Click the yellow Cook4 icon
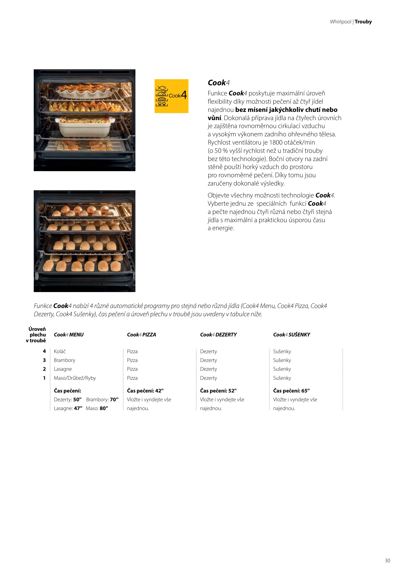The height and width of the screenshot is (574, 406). point(171,96)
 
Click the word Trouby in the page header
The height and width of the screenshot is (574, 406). point(363,22)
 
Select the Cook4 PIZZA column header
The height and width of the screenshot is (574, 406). point(141,335)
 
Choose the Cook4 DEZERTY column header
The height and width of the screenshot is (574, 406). point(218,335)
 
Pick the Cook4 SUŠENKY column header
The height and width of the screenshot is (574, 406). point(291,335)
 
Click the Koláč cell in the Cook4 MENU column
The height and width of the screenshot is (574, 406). point(60,351)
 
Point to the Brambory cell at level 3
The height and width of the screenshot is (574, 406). point(65,360)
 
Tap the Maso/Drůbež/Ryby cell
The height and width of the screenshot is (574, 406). point(75,378)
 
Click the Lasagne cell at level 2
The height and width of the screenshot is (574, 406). point(63,369)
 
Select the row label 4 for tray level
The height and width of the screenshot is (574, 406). point(44,351)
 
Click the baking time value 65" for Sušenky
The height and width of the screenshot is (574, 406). point(305,391)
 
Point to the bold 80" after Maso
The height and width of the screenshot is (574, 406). point(104,408)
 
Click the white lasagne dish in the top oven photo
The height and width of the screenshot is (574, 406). point(84,127)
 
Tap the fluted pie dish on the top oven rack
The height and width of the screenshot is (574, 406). point(84,90)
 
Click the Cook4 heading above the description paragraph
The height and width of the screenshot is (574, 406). point(219,83)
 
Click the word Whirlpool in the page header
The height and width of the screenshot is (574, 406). point(340,22)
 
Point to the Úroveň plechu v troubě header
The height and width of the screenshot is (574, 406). point(37,335)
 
